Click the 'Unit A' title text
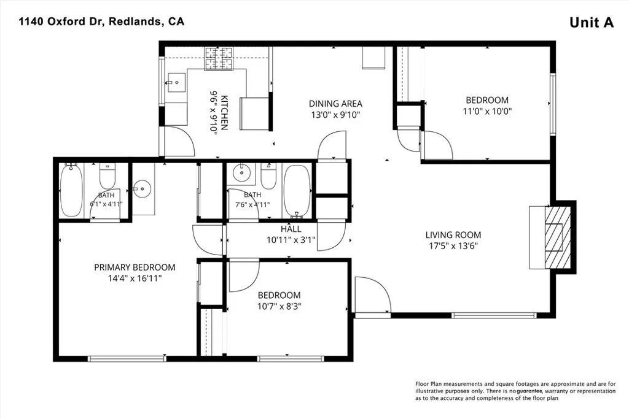click(x=592, y=23)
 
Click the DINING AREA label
click(x=335, y=104)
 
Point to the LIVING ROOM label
click(x=453, y=235)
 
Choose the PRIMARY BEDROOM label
click(x=135, y=267)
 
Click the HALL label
click(x=291, y=229)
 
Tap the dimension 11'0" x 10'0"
click(x=487, y=111)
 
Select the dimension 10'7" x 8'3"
click(x=279, y=307)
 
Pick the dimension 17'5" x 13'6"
click(x=453, y=245)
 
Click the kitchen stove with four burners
click(x=219, y=58)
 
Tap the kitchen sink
click(x=176, y=83)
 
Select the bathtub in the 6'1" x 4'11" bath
click(x=71, y=190)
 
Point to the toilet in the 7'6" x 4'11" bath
click(x=268, y=177)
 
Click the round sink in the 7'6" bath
click(x=241, y=174)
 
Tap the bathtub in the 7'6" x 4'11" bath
click(x=297, y=191)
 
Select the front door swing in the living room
click(x=373, y=295)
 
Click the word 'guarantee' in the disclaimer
click(x=530, y=391)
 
